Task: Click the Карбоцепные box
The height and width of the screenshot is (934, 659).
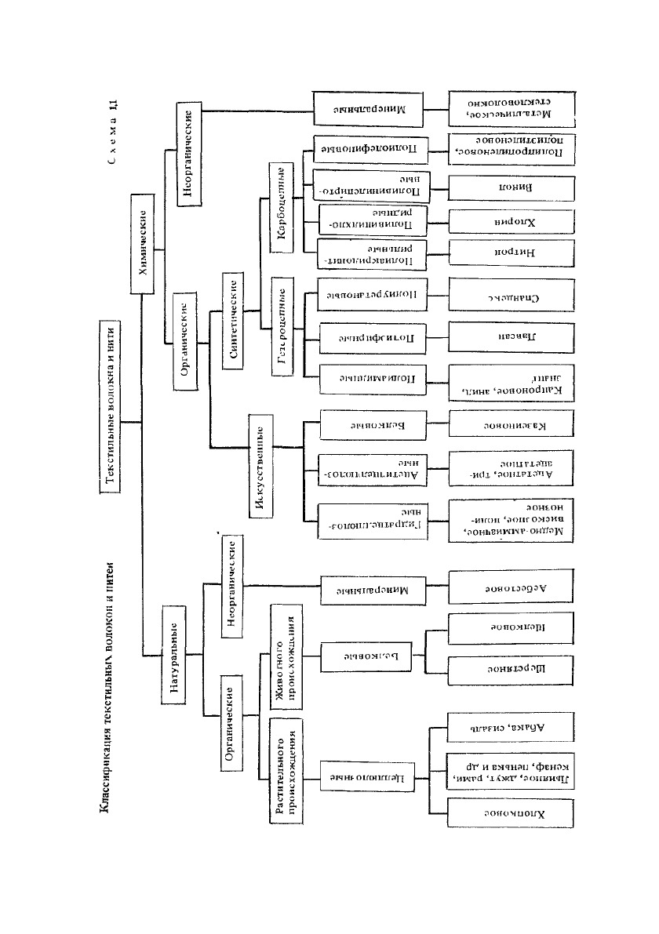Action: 282,207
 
